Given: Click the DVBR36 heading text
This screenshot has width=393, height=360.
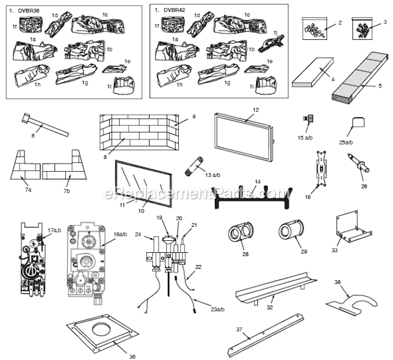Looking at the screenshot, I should point(31,11).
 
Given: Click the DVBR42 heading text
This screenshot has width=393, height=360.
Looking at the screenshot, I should point(175,11).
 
